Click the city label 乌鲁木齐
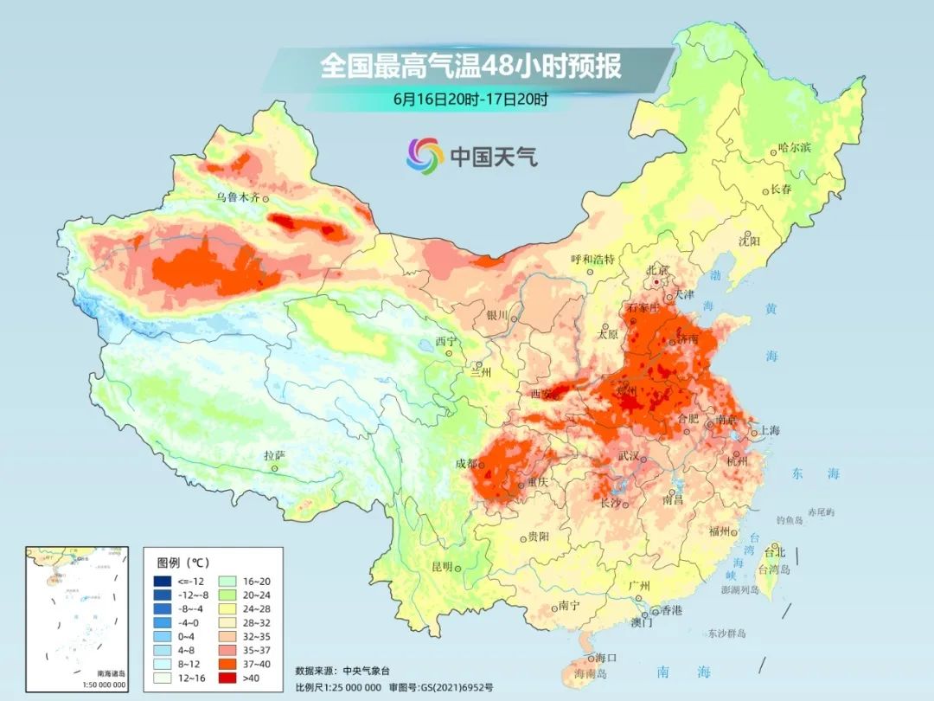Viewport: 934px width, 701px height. [238, 197]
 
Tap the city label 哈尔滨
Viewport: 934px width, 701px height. [795, 148]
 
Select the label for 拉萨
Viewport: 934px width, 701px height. [274, 455]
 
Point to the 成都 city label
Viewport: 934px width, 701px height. [467, 463]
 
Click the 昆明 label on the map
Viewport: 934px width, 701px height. [441, 567]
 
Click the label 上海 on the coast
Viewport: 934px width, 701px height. [768, 431]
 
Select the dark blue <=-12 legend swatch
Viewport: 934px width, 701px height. [162, 581]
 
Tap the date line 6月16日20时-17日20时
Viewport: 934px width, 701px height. [470, 100]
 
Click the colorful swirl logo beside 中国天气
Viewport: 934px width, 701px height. [425, 156]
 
